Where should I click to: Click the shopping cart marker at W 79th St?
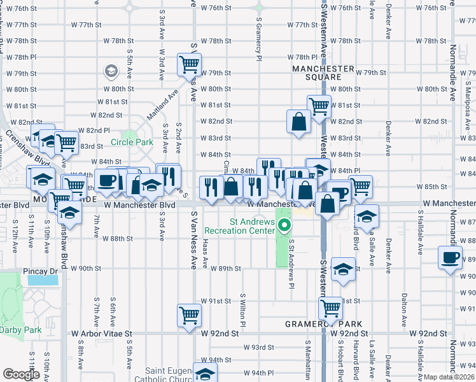click(x=190, y=64)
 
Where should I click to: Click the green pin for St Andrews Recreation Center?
click(x=284, y=225)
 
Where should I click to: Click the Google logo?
click(x=21, y=374)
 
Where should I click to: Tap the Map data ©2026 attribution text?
click(x=449, y=377)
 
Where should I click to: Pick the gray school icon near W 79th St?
click(x=111, y=71)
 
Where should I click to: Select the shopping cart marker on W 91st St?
click(x=331, y=309)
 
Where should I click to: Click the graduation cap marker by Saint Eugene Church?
click(x=205, y=374)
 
